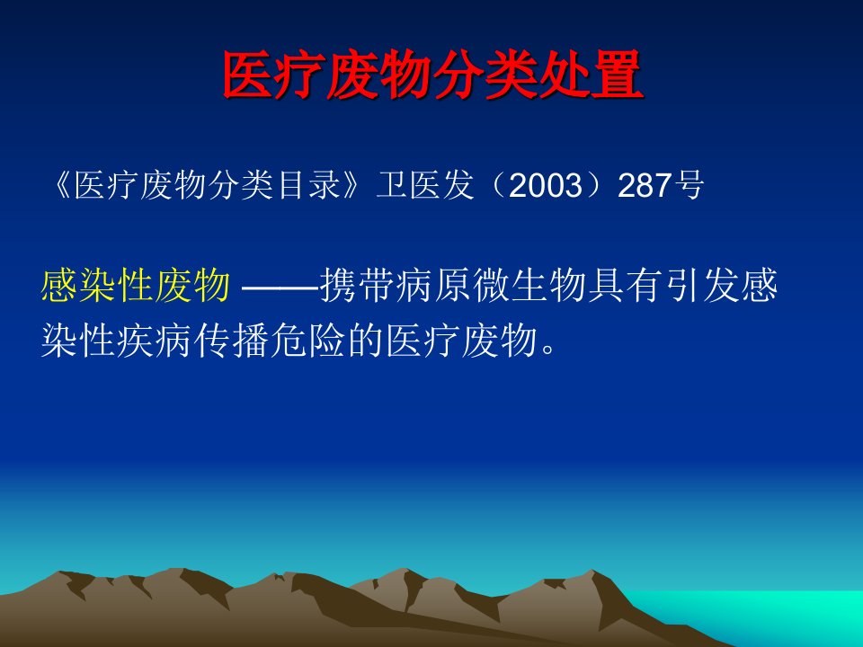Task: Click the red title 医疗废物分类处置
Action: (x=433, y=75)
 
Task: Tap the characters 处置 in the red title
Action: (x=592, y=75)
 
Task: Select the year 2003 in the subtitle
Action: (x=546, y=185)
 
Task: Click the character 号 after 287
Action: (x=688, y=185)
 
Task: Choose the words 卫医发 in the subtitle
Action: (x=424, y=185)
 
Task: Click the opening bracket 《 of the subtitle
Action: (x=62, y=185)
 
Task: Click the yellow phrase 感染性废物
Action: (x=136, y=286)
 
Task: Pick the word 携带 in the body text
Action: (x=357, y=286)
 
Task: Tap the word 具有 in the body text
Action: (x=624, y=286)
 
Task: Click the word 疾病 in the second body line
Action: (x=155, y=341)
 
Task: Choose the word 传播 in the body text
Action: (x=231, y=341)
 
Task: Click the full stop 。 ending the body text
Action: (x=548, y=349)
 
